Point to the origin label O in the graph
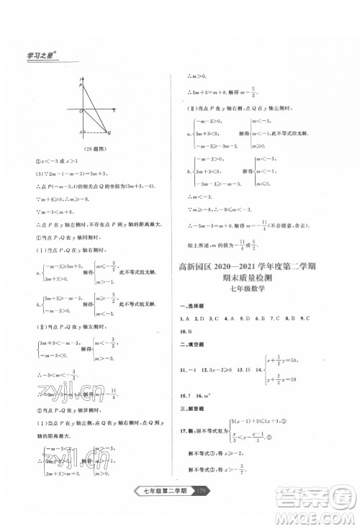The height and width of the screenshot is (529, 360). pos(81,111)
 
